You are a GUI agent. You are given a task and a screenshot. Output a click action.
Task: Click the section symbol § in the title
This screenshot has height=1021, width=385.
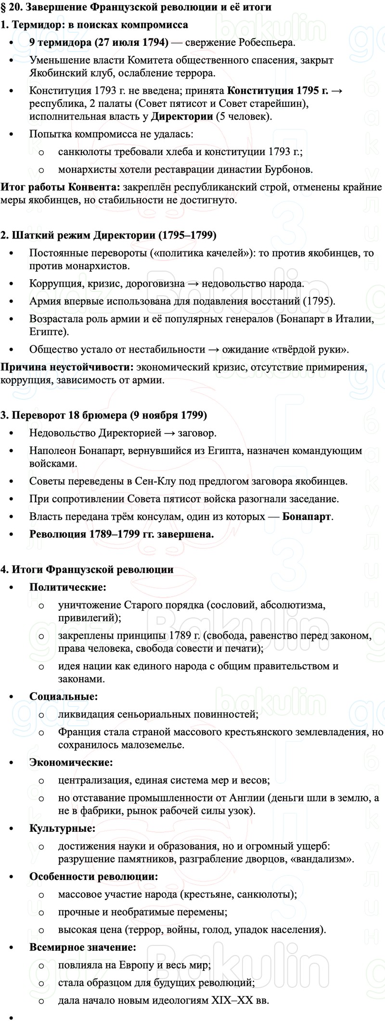point(4,7)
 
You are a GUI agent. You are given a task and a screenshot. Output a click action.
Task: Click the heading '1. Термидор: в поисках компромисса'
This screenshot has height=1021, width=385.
point(94,25)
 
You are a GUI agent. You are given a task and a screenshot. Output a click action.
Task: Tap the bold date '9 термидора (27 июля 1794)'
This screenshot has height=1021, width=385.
point(99,42)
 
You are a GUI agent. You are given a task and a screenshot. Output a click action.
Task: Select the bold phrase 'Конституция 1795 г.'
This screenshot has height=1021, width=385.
point(277,91)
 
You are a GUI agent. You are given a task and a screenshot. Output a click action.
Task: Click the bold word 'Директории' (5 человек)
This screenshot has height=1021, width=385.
point(182,116)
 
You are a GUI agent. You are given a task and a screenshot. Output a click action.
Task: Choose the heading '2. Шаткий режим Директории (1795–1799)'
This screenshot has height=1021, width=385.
point(109,235)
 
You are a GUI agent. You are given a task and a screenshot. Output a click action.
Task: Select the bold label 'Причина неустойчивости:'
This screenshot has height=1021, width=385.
point(67,367)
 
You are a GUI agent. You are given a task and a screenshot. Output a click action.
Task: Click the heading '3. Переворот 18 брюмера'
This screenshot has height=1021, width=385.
point(103,415)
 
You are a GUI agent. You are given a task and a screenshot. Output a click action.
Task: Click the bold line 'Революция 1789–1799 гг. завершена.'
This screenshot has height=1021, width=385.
point(121,534)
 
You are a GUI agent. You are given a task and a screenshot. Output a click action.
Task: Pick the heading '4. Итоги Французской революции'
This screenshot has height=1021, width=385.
point(87,569)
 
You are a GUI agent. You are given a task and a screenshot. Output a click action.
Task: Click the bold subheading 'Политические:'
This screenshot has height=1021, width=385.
point(68,587)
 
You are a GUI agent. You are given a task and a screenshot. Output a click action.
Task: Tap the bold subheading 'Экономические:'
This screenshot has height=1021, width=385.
point(71,762)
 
